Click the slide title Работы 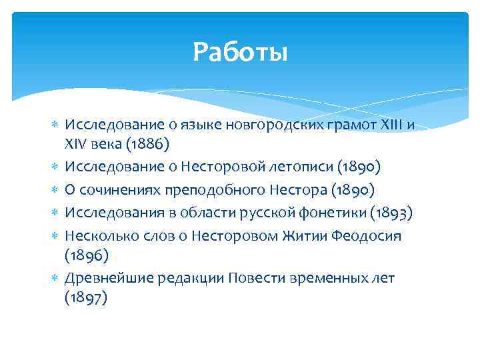[x=240, y=51]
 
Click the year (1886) [x=154, y=143]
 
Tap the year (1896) [x=85, y=255]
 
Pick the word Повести [x=254, y=277]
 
